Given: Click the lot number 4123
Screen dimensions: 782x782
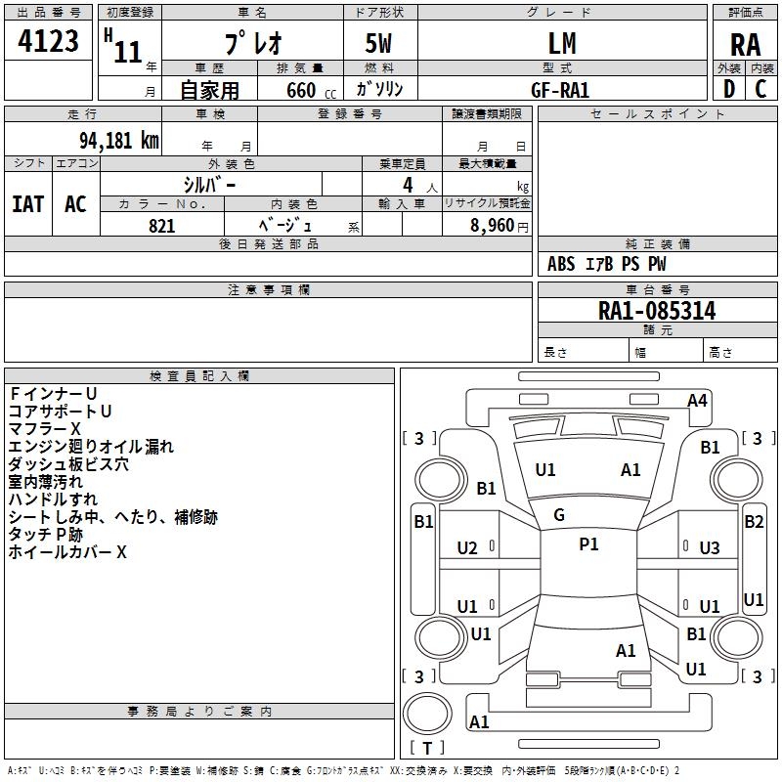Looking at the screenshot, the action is point(48,41).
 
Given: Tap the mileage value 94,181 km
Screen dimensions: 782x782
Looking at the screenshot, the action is point(118,141).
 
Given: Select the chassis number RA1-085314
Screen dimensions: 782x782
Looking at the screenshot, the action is point(657,311).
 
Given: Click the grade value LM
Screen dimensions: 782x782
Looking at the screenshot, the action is point(562,43).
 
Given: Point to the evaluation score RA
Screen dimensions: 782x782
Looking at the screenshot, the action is point(745,45).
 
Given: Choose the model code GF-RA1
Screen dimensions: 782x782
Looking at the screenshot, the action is point(560,90).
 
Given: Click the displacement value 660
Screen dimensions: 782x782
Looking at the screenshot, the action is point(301,90).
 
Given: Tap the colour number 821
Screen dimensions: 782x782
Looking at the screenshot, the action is point(161,226).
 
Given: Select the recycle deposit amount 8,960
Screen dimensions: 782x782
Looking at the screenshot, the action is point(492,226).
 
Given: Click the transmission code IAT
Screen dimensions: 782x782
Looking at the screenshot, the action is point(28,204).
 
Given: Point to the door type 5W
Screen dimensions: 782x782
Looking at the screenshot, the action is point(378,43).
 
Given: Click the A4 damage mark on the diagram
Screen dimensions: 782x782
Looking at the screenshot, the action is point(697,401).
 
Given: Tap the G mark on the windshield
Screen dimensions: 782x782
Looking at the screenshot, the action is point(559,515).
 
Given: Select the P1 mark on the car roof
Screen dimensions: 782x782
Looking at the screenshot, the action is point(588,544).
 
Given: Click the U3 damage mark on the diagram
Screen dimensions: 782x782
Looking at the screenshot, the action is point(710,548).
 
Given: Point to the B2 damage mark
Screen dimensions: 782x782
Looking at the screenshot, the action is point(754,522).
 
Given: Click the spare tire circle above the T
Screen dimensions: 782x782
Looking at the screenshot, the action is point(427,713).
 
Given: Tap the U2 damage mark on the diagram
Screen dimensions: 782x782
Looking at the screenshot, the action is point(467,548).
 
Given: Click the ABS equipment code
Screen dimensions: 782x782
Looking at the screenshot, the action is point(561,264).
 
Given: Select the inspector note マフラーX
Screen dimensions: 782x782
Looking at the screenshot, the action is point(44,429).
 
